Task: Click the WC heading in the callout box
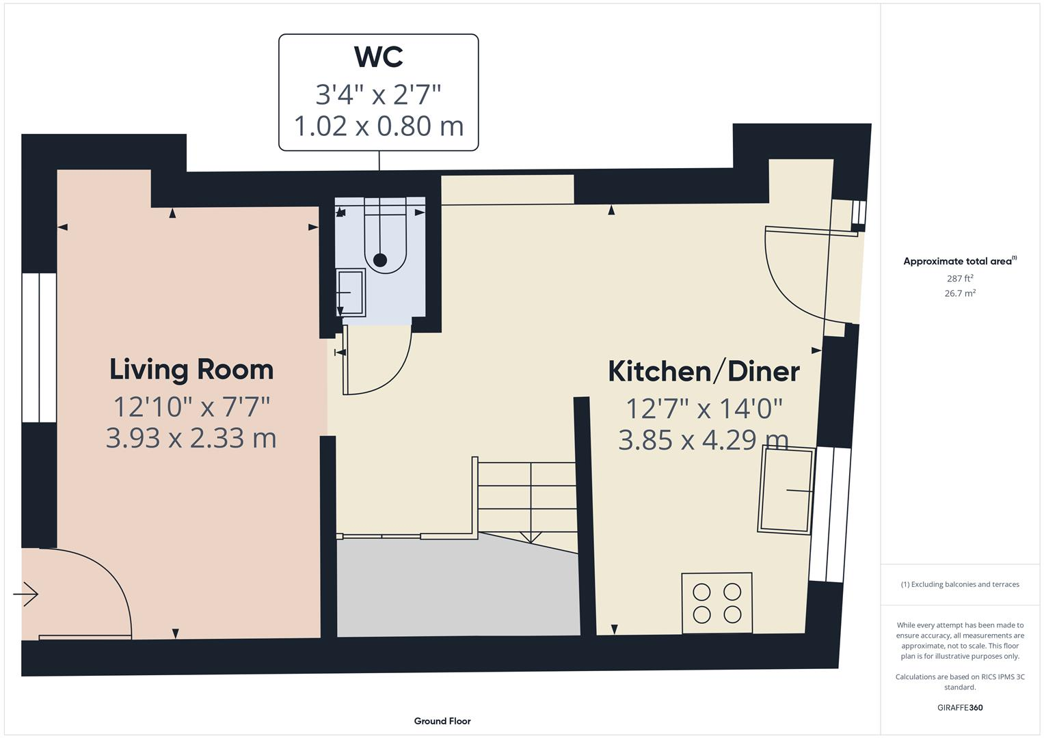pos(378,57)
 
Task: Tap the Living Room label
pos(191,370)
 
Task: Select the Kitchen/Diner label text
pos(704,372)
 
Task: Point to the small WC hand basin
pos(351,292)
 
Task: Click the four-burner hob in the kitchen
pos(717,603)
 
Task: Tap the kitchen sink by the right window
pos(786,490)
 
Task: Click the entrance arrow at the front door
pos(26,594)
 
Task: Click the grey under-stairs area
pos(458,588)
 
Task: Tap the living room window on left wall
pos(39,347)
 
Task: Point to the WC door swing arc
pos(383,369)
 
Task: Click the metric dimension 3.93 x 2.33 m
pos(191,438)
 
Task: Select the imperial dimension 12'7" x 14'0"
pos(704,409)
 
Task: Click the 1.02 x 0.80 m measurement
pos(378,126)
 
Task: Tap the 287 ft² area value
pos(960,278)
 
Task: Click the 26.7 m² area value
pos(960,293)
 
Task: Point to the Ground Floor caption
pos(442,721)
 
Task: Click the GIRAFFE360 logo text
pos(960,707)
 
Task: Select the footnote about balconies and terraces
pos(960,584)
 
